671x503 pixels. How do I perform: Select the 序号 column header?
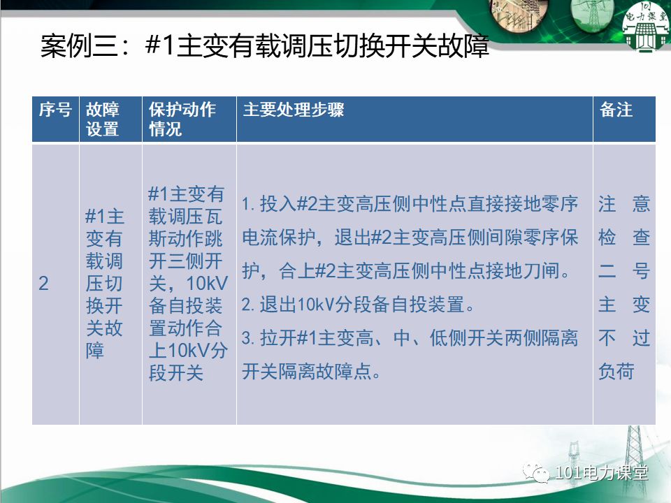pos(55,110)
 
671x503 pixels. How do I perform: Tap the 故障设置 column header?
pos(103,119)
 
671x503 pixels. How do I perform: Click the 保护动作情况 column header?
pos(182,119)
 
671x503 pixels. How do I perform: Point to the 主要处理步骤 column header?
pos(294,110)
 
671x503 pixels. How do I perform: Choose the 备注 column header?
pos(616,110)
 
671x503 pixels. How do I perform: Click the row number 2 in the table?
pos(43,284)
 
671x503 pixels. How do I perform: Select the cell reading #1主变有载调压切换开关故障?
pos(104,284)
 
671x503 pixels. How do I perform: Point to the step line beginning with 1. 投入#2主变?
pos(410,205)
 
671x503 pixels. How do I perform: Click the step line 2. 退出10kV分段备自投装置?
pos(359,305)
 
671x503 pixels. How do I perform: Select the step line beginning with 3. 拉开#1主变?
pos(410,339)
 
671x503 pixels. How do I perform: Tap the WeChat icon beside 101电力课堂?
pos(539,474)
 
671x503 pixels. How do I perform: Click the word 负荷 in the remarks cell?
pos(616,372)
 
